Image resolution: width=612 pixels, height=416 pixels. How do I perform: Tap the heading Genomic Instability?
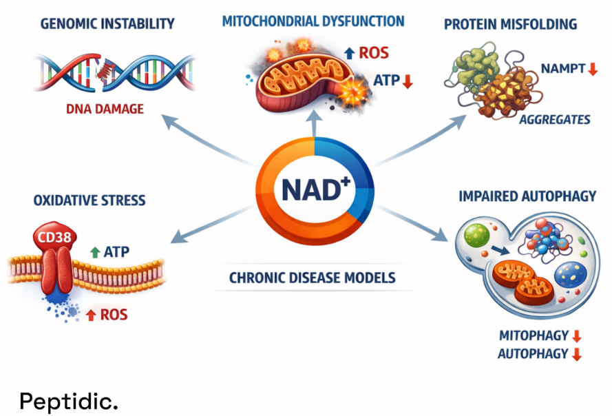[x=107, y=24]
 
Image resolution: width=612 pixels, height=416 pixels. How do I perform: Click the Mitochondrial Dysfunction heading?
[x=313, y=21]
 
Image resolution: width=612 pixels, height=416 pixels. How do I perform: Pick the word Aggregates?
[x=554, y=119]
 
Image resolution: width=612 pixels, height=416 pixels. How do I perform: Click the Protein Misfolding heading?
[x=510, y=25]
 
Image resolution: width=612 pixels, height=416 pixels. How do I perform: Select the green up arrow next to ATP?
[x=96, y=252]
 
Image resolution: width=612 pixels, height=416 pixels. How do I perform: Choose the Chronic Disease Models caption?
[x=311, y=278]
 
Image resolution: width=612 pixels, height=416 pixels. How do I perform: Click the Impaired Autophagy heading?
[x=527, y=197]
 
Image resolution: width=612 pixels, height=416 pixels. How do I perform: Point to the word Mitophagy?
[x=534, y=336]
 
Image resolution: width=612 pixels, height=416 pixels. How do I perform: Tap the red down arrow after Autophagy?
[x=577, y=354]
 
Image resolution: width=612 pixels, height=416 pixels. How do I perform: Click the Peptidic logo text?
[x=68, y=401]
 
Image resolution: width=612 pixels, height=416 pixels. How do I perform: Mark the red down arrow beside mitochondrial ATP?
[x=407, y=81]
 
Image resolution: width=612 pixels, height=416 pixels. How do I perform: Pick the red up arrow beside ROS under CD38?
[x=90, y=315]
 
